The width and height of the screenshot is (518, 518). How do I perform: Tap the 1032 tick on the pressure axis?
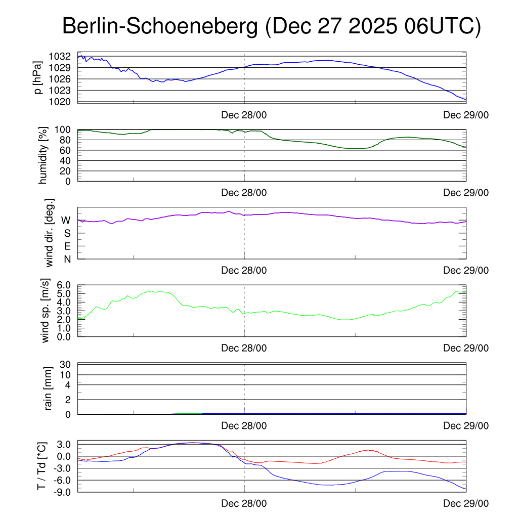[x=60, y=56]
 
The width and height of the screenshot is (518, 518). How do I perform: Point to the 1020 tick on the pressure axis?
[x=60, y=102]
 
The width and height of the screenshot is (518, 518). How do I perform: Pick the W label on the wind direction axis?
[x=66, y=221]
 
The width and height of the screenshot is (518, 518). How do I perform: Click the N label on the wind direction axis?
[x=67, y=260]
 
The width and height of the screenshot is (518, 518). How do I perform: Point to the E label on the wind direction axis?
[x=67, y=246]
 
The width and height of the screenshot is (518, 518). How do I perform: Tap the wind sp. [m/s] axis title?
[x=47, y=311]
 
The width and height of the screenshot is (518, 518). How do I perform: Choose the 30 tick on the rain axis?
[x=66, y=365]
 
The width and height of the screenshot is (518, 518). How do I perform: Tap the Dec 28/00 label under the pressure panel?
[x=244, y=114]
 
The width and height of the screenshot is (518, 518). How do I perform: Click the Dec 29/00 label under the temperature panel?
[x=466, y=504]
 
